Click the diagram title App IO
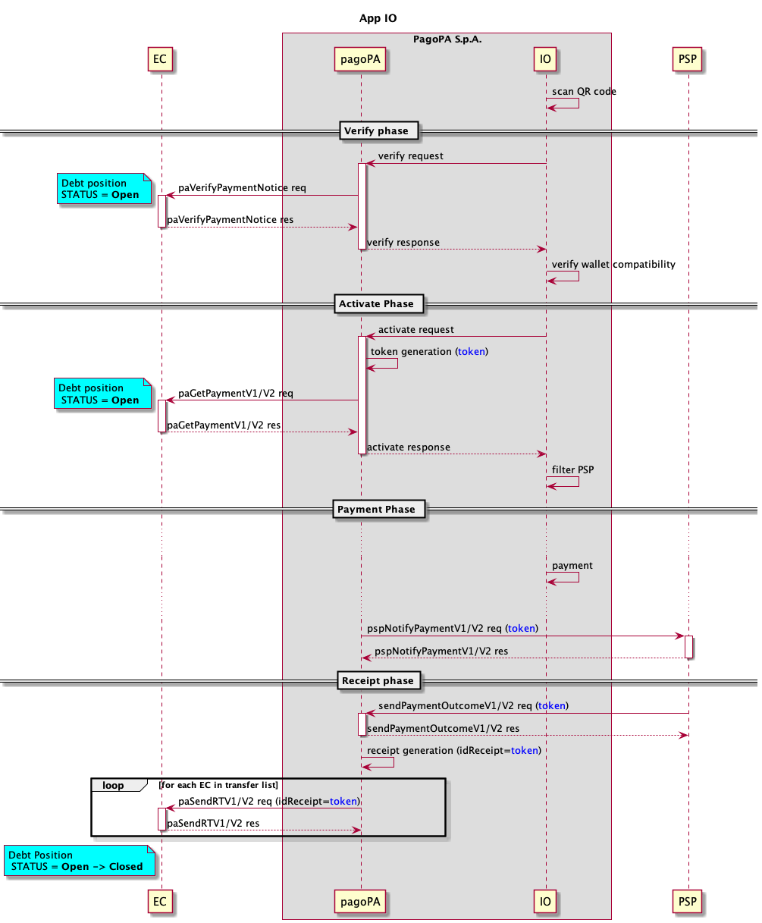(x=378, y=18)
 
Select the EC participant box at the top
(x=160, y=58)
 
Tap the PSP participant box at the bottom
(x=688, y=902)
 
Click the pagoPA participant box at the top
(x=361, y=58)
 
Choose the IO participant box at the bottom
(x=545, y=902)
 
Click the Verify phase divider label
(x=376, y=131)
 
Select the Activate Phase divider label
(x=376, y=304)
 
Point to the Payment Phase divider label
(x=376, y=509)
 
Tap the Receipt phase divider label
(x=378, y=681)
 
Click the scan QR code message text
(x=584, y=92)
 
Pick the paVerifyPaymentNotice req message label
(x=242, y=188)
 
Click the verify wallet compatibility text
(x=613, y=265)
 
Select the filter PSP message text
(x=572, y=469)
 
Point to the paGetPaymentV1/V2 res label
(x=224, y=425)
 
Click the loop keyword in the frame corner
(x=114, y=786)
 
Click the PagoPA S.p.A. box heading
(x=447, y=39)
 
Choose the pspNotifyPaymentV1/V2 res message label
(x=441, y=651)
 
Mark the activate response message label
(x=409, y=447)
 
